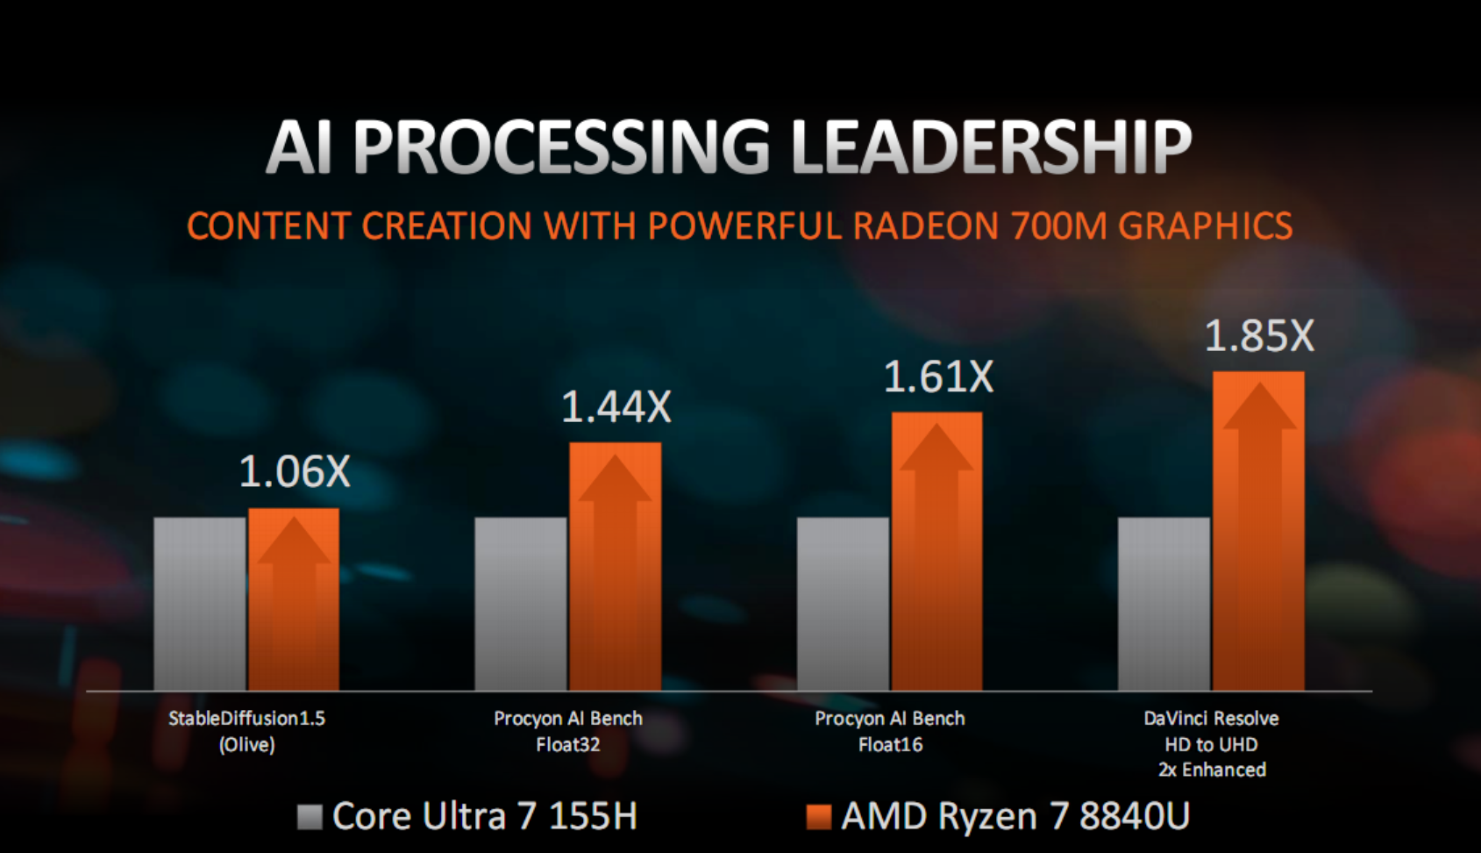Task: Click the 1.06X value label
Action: coord(294,472)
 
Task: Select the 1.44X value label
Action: coord(616,407)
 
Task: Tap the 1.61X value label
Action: coord(937,377)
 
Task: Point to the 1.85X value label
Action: coord(1259,336)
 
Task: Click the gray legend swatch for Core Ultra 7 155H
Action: coord(310,817)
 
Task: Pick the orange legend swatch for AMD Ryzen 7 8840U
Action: coord(818,817)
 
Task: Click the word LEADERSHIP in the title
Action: coord(990,147)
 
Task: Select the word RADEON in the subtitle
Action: coord(925,226)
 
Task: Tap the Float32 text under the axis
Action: coord(568,745)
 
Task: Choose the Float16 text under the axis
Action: coord(890,745)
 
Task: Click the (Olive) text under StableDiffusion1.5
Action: coord(246,745)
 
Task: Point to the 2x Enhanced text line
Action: coord(1212,771)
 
